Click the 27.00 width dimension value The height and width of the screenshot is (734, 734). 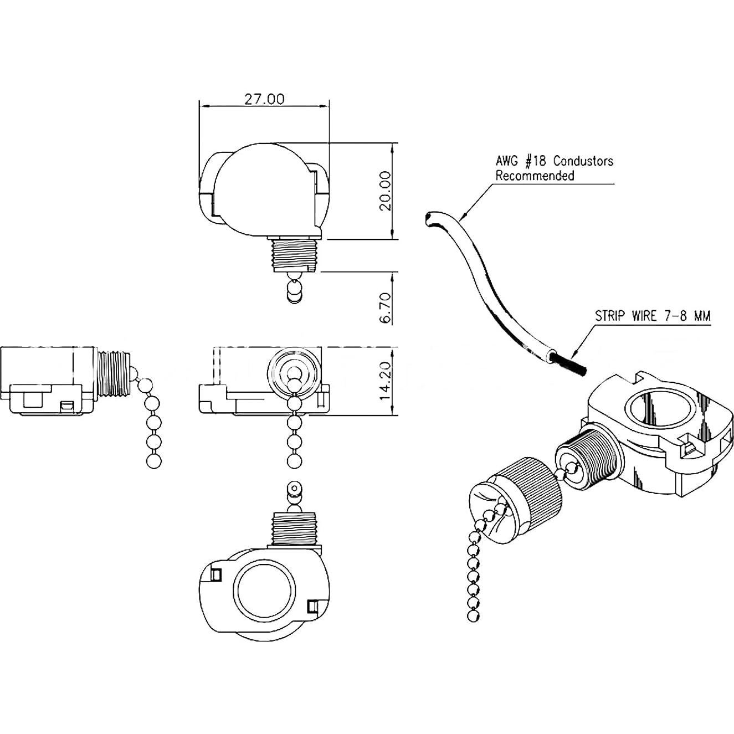tap(264, 99)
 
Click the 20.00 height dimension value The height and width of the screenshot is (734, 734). tap(386, 191)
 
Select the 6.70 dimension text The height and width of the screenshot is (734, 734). tap(386, 307)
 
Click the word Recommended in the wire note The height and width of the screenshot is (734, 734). tap(534, 176)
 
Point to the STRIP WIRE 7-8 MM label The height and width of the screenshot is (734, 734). tap(652, 316)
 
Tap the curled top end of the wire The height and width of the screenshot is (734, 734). tap(429, 218)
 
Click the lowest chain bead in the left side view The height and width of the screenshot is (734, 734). tap(154, 461)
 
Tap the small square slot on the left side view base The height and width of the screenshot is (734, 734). tap(67, 407)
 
